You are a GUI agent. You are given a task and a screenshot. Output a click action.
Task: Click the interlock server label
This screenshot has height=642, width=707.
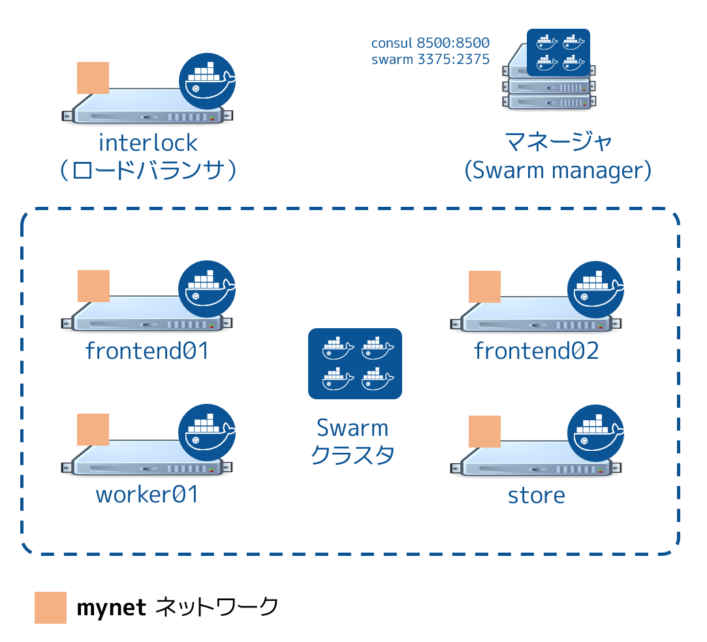[x=148, y=142]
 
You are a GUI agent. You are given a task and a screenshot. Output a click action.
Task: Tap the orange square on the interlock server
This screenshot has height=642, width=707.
[x=93, y=78]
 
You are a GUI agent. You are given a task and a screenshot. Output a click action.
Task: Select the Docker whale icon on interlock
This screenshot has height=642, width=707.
[x=207, y=81]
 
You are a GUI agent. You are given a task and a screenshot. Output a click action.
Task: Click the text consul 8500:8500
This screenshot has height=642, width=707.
[x=430, y=44]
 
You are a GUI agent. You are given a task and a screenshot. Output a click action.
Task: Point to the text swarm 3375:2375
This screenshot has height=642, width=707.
[x=430, y=60]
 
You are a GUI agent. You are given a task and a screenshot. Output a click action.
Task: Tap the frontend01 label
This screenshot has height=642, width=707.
[x=147, y=351]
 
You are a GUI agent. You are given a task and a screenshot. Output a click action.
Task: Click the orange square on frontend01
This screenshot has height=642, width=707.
[x=93, y=286]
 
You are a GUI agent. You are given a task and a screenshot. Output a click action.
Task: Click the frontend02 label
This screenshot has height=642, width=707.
[x=536, y=351]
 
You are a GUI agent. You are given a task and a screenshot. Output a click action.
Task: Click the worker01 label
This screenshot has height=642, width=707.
[x=147, y=495]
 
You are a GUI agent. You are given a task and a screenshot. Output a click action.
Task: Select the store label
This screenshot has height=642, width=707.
[x=536, y=495]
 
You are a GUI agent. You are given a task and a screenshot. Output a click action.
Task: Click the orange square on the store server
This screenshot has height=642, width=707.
[x=484, y=431]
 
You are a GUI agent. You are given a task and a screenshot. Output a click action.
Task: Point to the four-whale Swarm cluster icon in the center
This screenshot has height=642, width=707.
[x=354, y=363]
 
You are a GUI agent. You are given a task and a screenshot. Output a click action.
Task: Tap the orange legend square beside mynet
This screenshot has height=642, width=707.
[x=50, y=607]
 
